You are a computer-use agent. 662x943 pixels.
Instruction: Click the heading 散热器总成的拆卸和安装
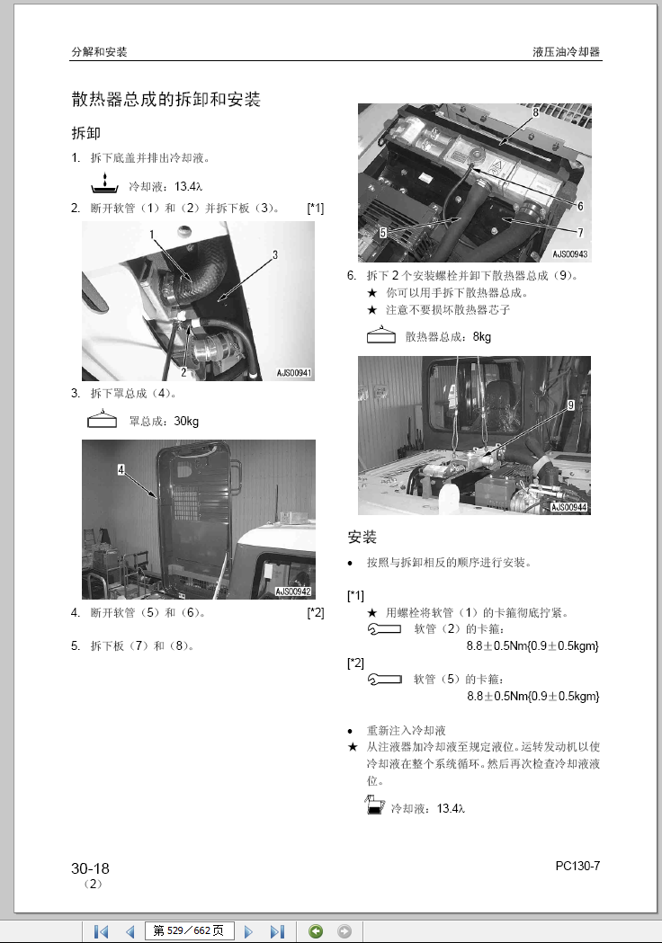165,100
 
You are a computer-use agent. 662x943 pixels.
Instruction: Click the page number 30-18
90,868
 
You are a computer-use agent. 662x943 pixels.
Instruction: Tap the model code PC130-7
577,866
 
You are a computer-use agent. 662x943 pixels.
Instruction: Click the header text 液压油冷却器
566,52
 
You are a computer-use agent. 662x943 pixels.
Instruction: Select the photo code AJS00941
294,372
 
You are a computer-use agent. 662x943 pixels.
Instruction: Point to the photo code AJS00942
293,591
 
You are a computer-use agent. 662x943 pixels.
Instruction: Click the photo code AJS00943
570,254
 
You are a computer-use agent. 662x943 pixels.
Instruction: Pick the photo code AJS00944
569,507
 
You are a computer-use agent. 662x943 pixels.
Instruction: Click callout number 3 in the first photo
275,255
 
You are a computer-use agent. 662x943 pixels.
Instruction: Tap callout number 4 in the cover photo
120,469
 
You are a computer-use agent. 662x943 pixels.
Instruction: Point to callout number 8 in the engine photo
535,112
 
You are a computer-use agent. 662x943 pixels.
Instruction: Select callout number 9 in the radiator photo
569,405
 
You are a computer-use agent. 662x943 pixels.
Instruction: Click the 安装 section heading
362,538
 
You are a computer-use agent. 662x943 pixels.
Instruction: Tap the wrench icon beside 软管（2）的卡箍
385,629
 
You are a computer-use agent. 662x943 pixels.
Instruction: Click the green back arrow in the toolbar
315,931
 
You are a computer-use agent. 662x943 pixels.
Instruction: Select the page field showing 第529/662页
188,931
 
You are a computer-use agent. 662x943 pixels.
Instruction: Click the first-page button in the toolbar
101,931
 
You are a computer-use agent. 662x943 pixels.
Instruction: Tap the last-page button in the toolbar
277,931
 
